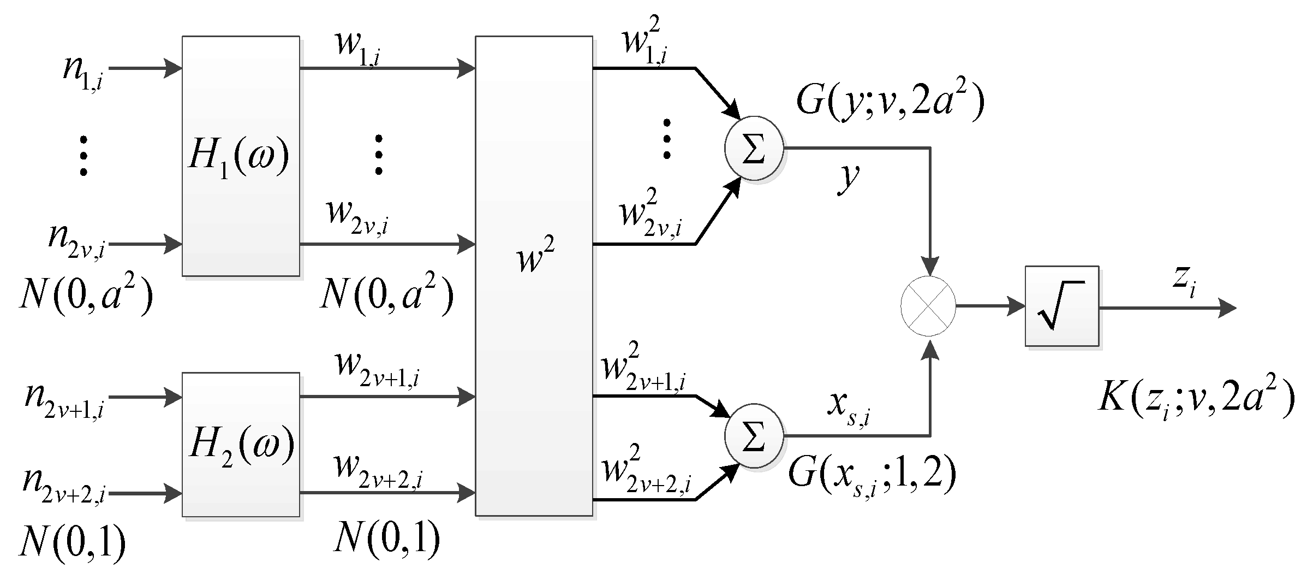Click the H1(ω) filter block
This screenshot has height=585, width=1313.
(x=241, y=156)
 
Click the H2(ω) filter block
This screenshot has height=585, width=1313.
(x=241, y=445)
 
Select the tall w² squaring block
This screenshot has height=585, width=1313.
(x=534, y=276)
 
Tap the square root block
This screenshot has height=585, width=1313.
(x=1061, y=306)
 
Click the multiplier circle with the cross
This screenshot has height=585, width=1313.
(x=928, y=306)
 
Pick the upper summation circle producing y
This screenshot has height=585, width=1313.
(x=754, y=147)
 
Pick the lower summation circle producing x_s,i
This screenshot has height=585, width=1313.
(x=754, y=436)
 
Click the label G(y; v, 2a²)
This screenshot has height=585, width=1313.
(x=890, y=101)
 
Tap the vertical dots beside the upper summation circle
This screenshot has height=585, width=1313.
(x=666, y=139)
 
